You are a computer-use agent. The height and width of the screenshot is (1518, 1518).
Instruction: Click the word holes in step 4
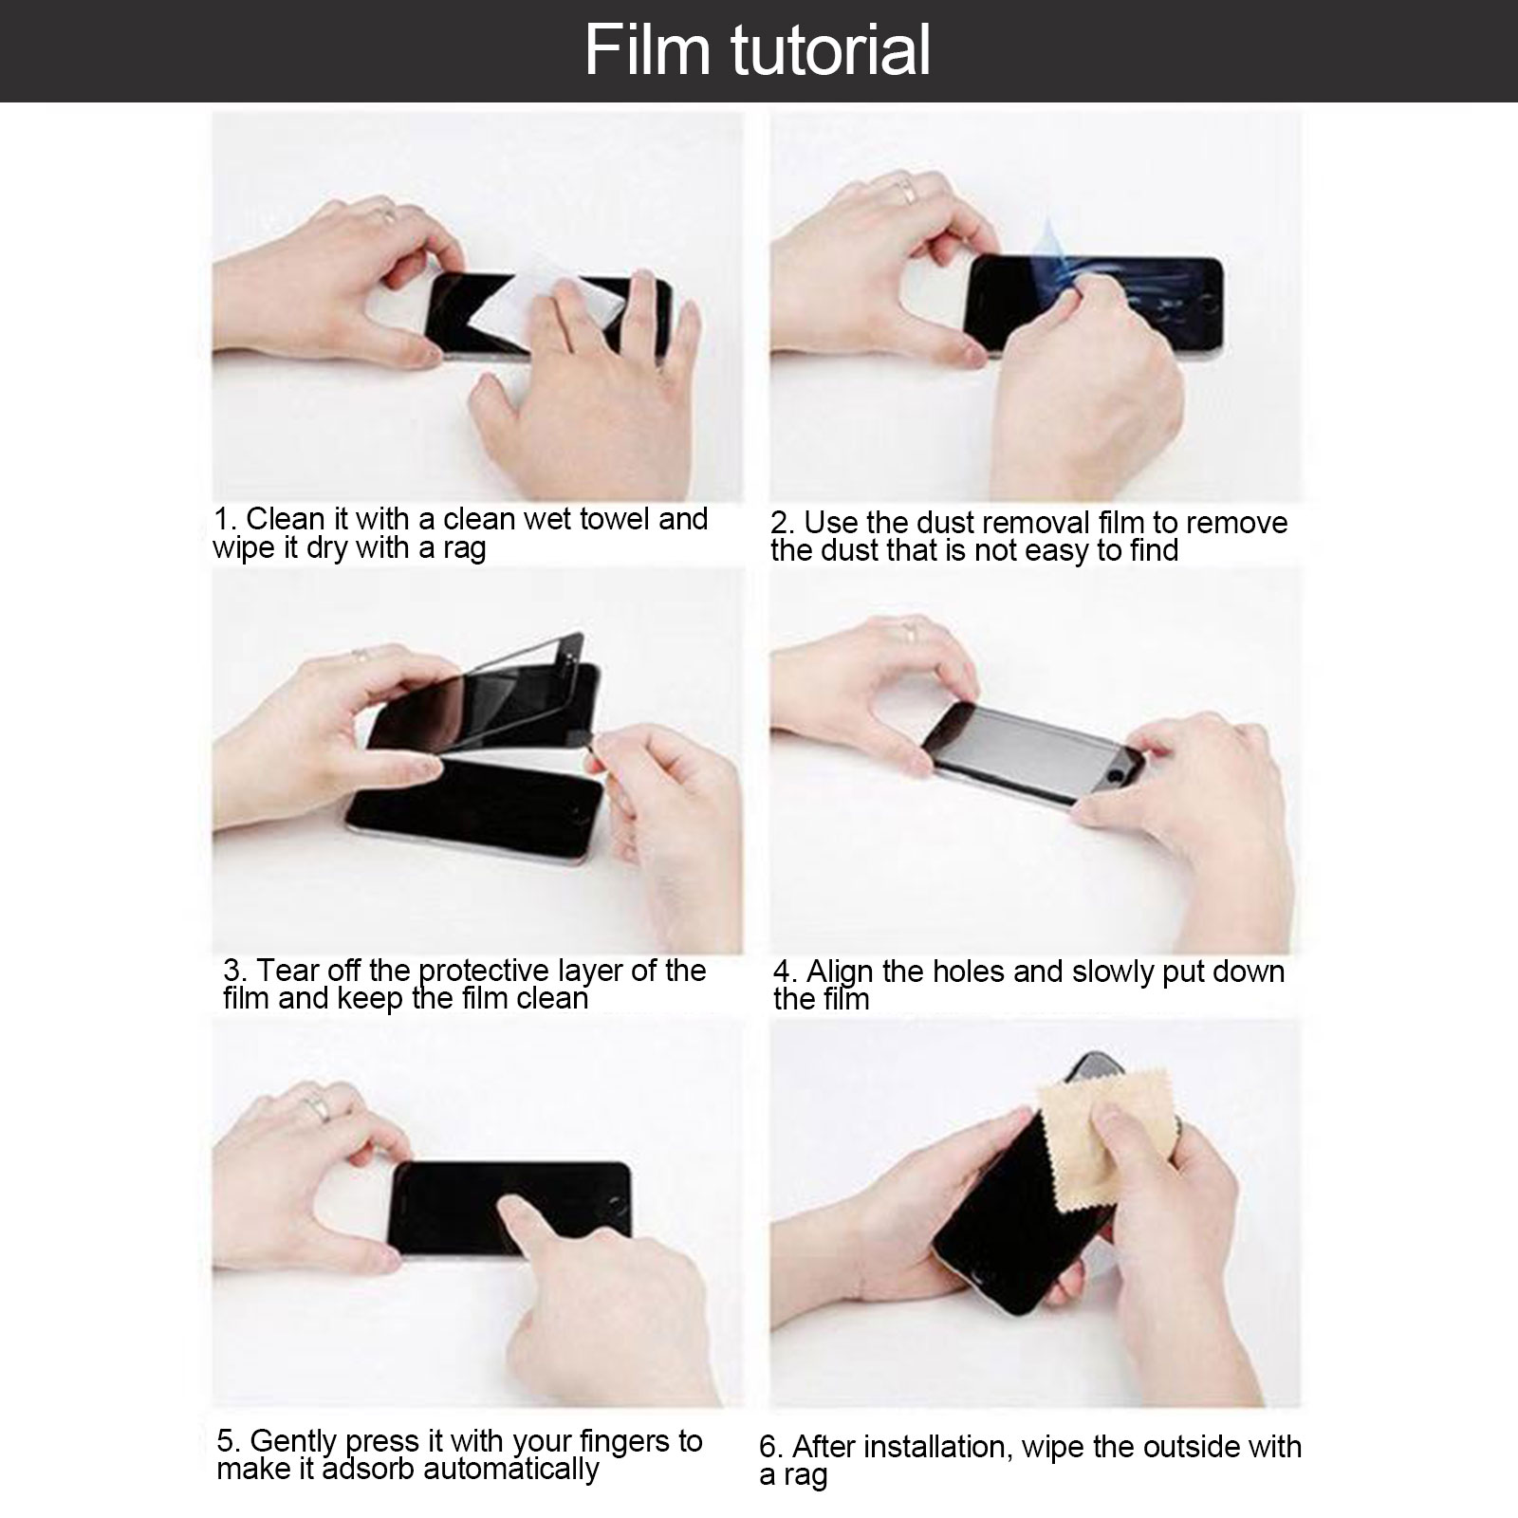pyautogui.click(x=971, y=972)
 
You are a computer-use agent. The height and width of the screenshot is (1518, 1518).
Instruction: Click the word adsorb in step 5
pyautogui.click(x=370, y=1469)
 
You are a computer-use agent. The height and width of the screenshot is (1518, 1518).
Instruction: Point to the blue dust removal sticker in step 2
pyautogui.click(x=1055, y=254)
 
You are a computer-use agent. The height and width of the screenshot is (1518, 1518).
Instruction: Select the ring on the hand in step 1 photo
pyautogui.click(x=385, y=213)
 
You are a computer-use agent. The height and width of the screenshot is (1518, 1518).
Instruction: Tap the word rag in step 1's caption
pyautogui.click(x=464, y=549)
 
